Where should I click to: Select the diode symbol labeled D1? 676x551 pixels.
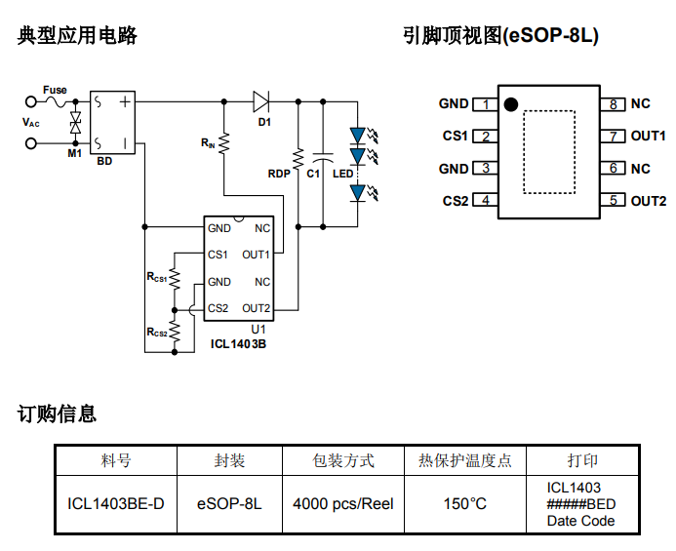point(261,100)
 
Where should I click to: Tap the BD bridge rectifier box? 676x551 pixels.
point(114,123)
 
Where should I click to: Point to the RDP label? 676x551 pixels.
point(280,174)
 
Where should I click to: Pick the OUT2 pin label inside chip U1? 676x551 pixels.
point(256,309)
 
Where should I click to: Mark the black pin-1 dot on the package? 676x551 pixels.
point(510,103)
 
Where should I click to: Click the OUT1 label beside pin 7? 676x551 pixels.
point(648,137)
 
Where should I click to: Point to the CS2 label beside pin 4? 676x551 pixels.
point(455,201)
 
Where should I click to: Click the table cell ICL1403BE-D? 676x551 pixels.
point(116,504)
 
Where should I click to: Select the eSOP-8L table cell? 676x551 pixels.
point(229,504)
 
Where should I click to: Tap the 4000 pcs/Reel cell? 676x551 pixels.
point(343,504)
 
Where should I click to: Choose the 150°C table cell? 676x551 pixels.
point(465,504)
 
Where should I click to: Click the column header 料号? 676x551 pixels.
point(116,460)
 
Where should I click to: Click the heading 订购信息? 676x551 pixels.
point(58,414)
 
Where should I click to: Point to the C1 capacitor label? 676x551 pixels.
point(313,174)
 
